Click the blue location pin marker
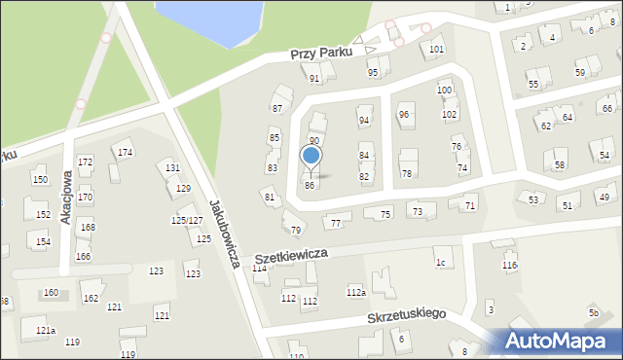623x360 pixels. pos(311,156)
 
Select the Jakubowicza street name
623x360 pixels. pos(225,234)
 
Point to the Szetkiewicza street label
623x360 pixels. pos(292,256)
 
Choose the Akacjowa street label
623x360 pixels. pos(66,198)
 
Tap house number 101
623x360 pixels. pos(437,49)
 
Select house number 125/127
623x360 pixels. pos(187,221)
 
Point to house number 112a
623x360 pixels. pos(355,292)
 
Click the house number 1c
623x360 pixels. pos(441,263)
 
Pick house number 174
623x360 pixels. pos(125,153)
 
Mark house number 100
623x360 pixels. pos(445,90)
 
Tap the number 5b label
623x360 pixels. pos(593,313)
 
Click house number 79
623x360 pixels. pos(296,231)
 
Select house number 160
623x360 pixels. pos(51,293)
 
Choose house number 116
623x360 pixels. pos(509,266)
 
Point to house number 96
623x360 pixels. pos(404,115)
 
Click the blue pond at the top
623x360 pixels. pos(209,21)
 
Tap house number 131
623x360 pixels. pos(172,168)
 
